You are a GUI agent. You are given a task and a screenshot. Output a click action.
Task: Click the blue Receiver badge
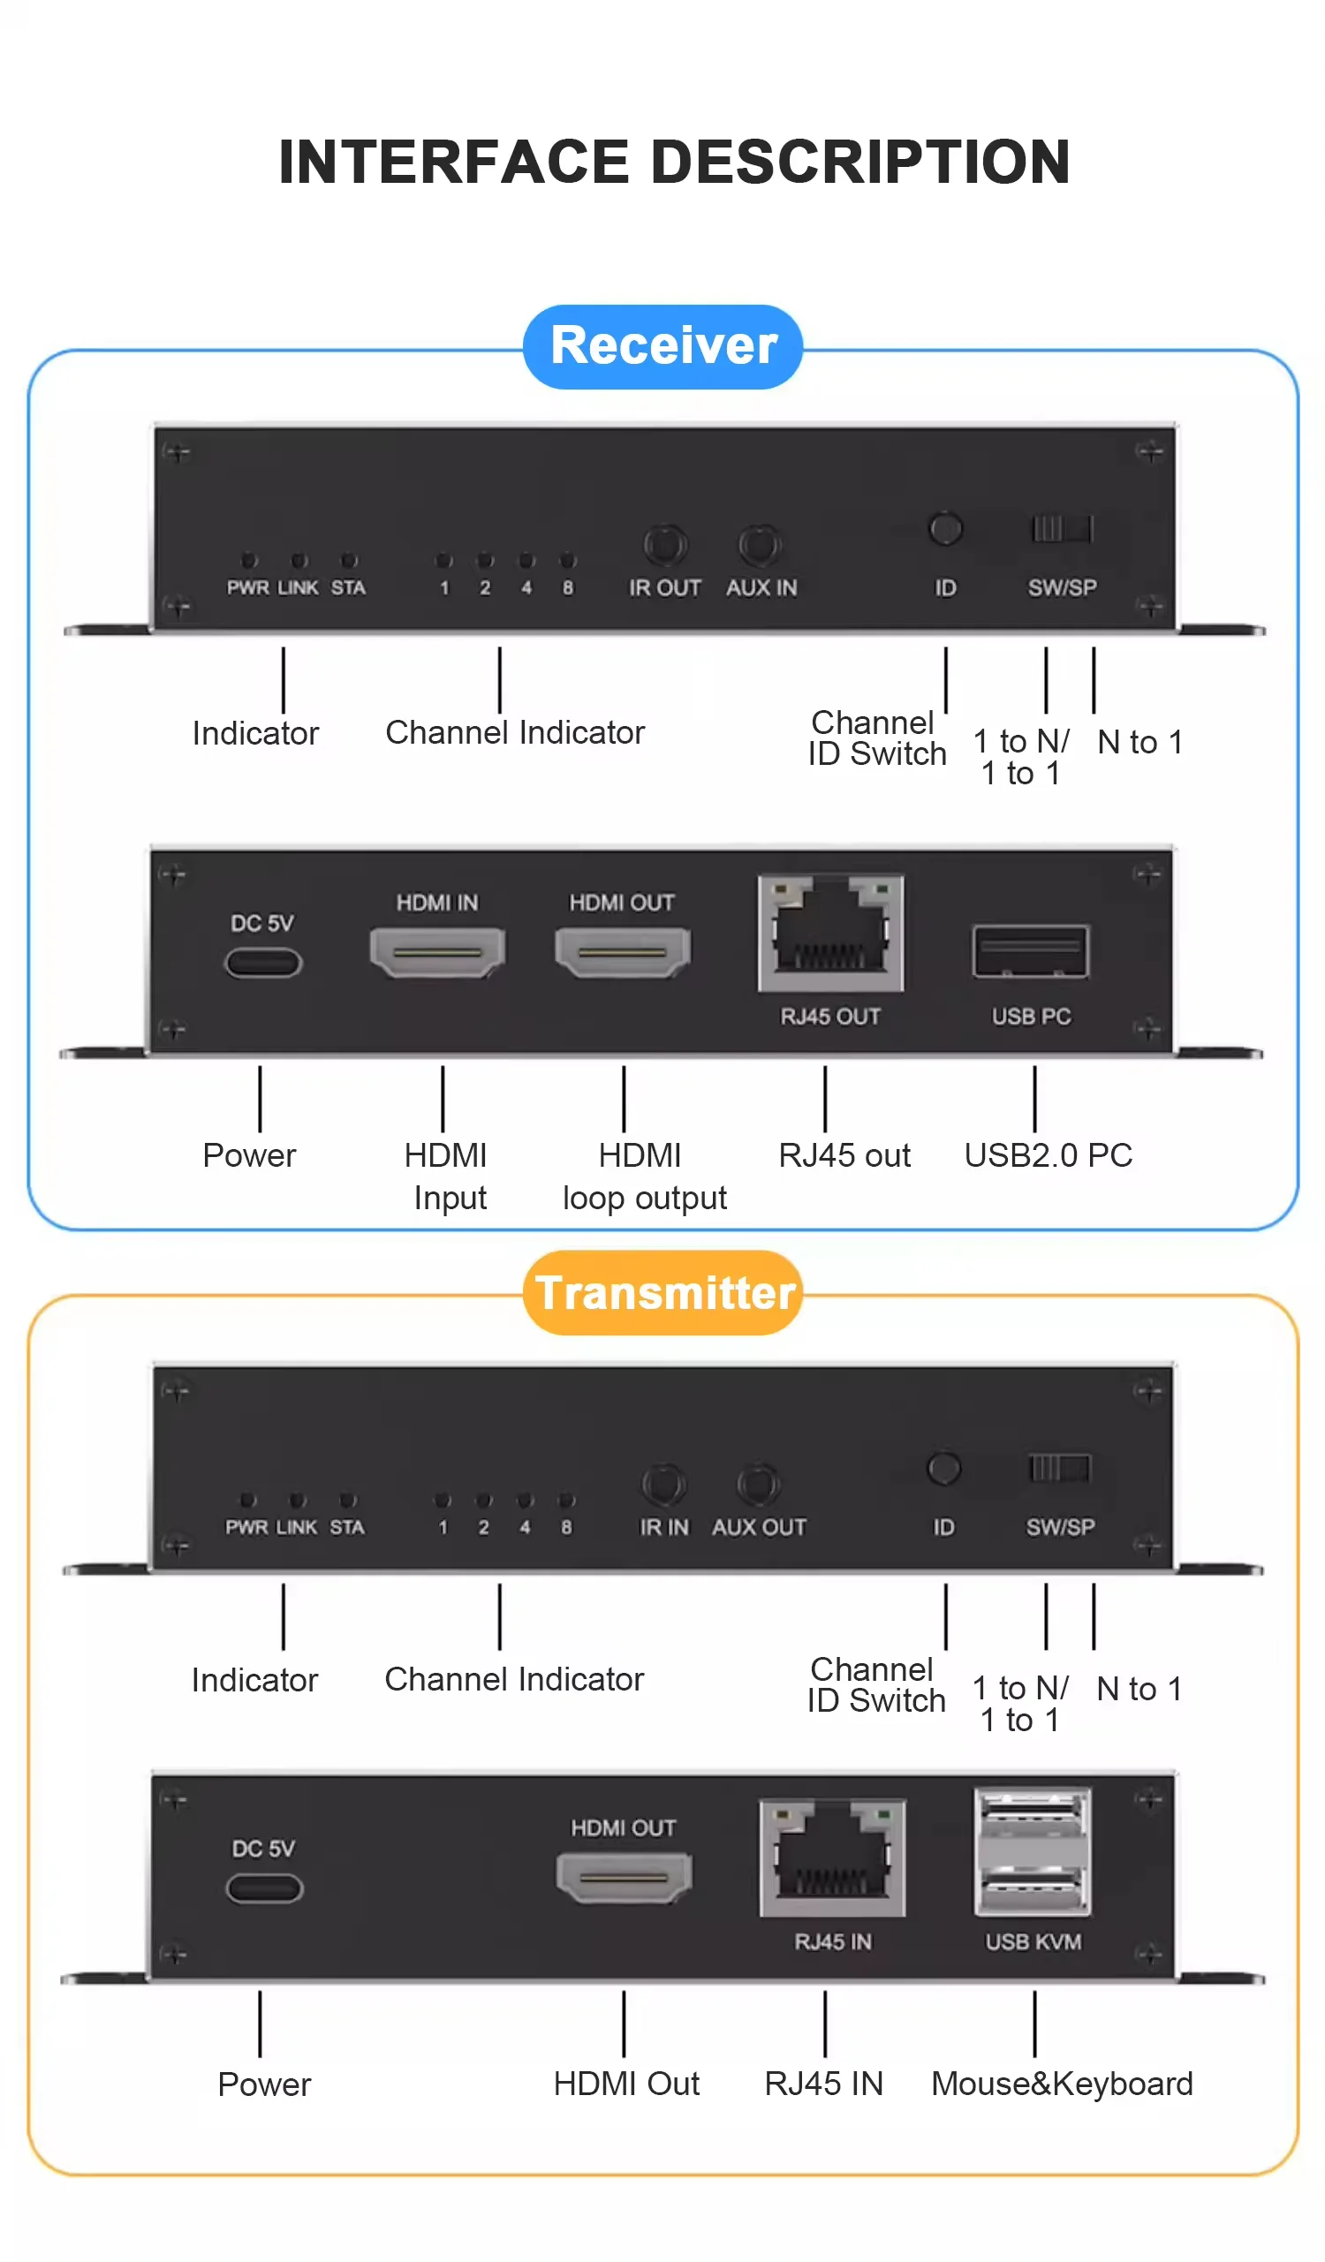(x=662, y=346)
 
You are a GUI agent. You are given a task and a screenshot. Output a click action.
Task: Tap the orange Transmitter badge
(x=662, y=1292)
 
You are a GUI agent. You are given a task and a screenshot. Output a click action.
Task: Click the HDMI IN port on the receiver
(x=437, y=951)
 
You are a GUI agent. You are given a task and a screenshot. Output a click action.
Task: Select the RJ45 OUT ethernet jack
(x=830, y=934)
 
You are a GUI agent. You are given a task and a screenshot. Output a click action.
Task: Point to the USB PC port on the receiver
(x=1030, y=951)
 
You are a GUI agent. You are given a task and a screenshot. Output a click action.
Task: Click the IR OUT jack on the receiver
(x=665, y=545)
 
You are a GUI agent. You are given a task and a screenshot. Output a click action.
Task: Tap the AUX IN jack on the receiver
(x=760, y=545)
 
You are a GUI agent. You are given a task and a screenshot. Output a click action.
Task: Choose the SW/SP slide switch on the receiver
(x=1061, y=529)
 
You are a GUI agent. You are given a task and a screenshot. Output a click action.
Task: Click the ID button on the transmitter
(x=943, y=1469)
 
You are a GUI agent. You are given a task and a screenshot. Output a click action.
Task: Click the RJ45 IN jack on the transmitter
(x=832, y=1857)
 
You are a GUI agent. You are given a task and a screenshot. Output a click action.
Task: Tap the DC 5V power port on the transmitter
(x=264, y=1888)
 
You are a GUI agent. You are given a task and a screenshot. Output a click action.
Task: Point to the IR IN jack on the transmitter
(x=663, y=1485)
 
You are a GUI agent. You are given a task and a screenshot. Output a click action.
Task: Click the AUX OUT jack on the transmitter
(x=759, y=1485)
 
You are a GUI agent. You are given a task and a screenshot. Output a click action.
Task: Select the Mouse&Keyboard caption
(x=1061, y=2084)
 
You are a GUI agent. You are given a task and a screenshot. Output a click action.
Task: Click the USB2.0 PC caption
(x=1048, y=1155)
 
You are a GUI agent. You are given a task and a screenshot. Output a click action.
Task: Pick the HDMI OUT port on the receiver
(x=622, y=951)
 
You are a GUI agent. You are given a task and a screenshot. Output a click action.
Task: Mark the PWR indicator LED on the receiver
(x=250, y=561)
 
